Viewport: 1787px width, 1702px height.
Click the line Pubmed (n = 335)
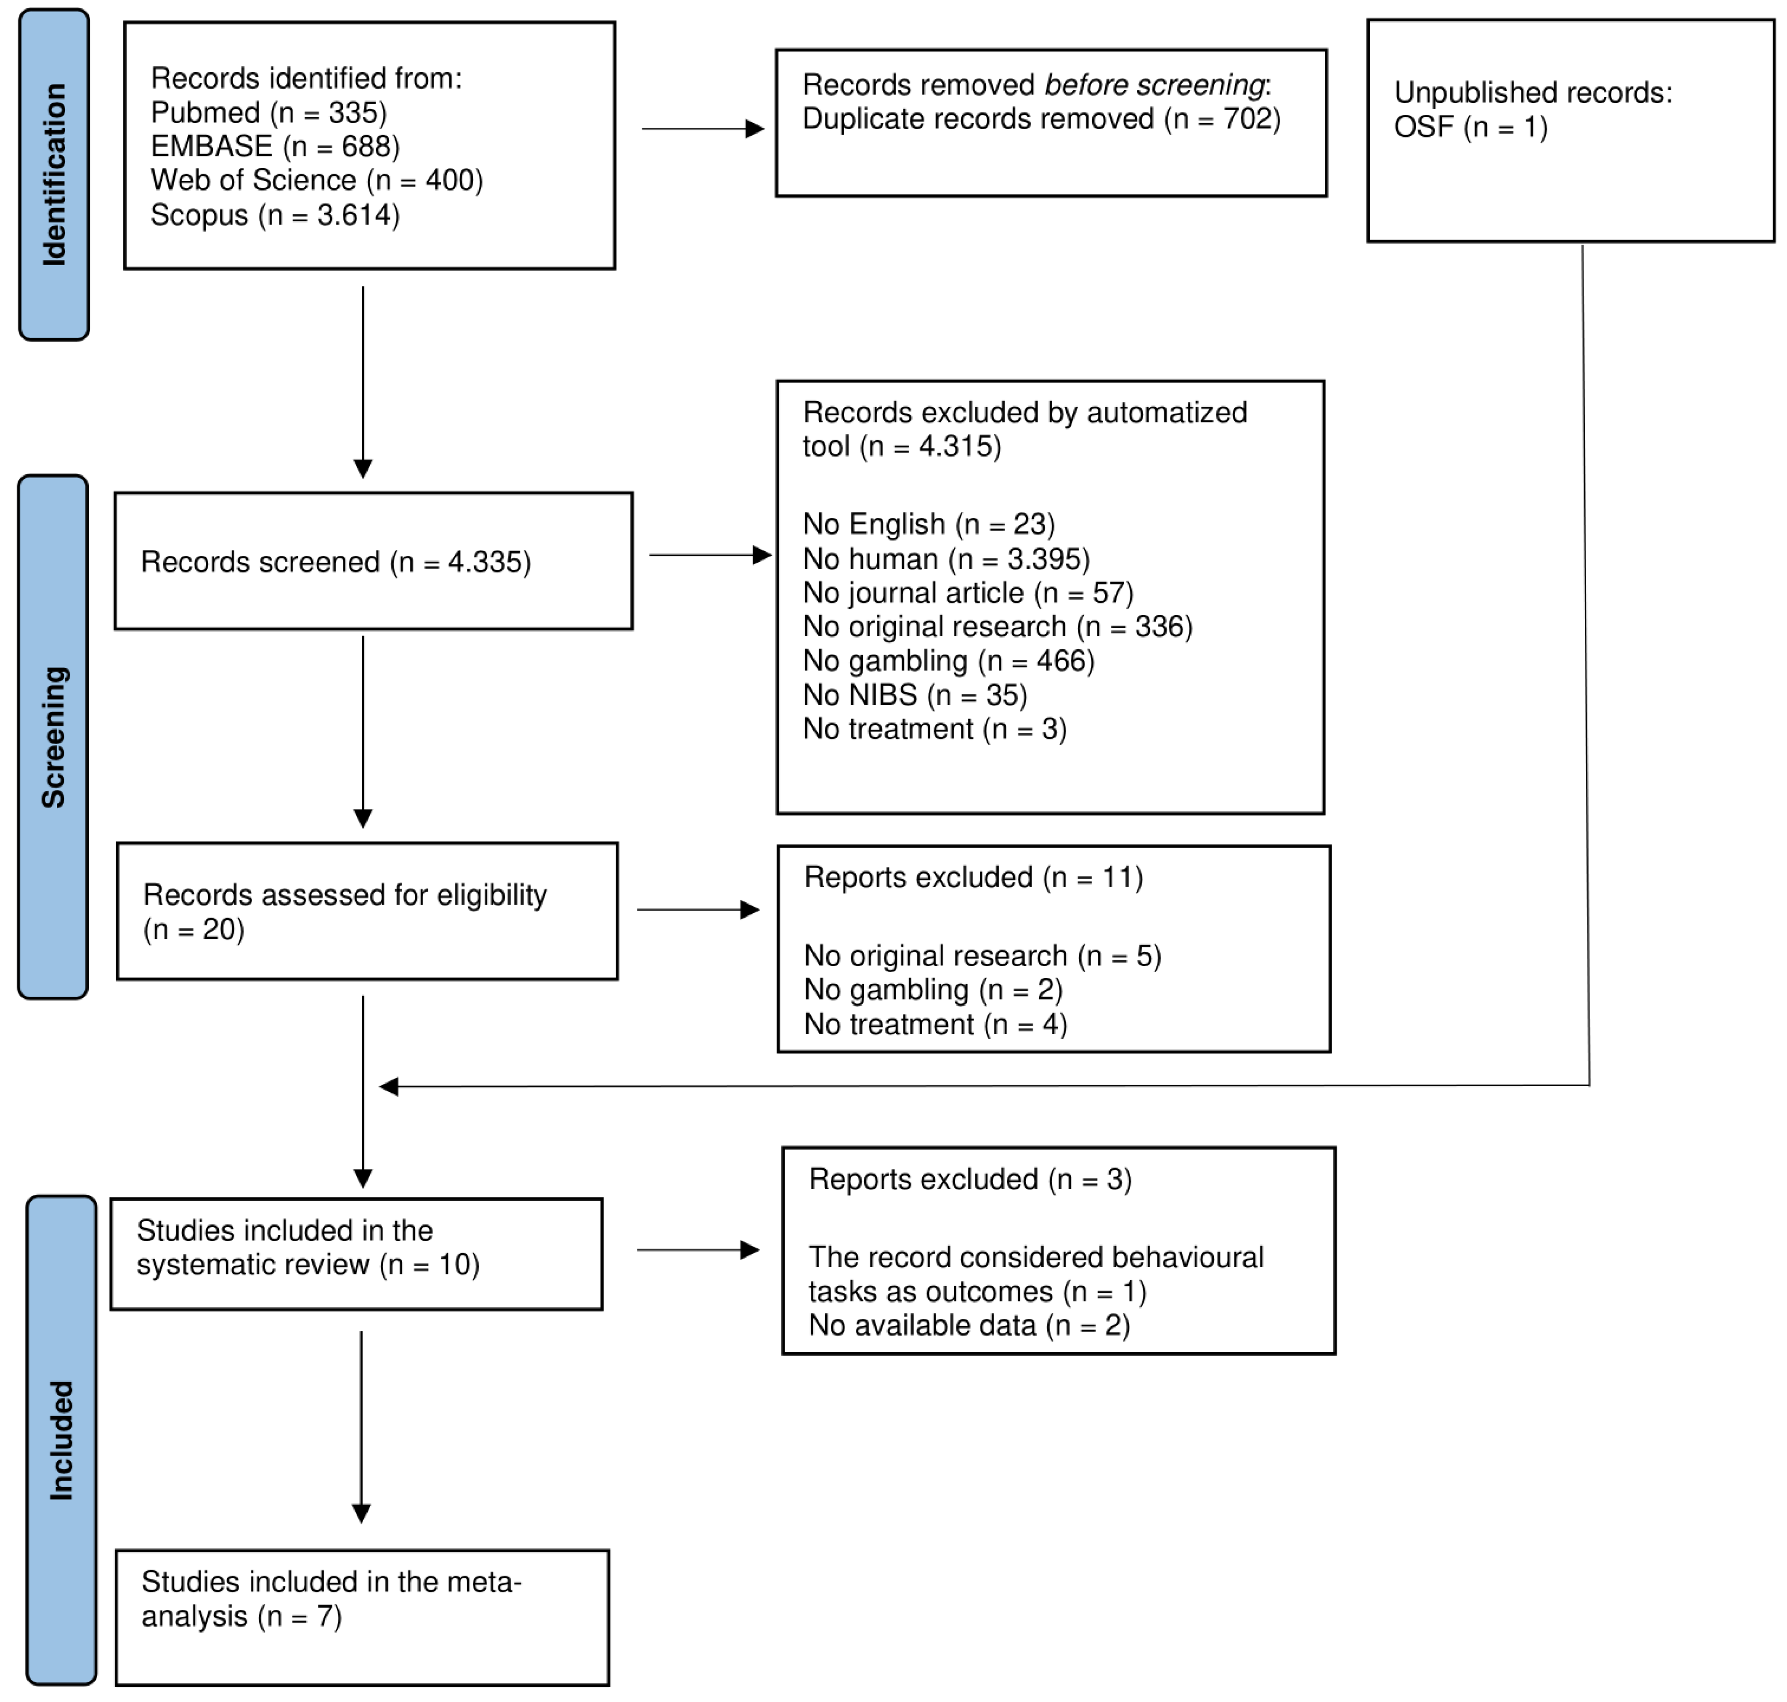point(268,112)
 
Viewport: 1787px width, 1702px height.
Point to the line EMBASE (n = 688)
point(275,146)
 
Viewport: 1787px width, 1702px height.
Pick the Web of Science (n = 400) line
point(316,180)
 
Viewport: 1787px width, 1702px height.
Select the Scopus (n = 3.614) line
point(275,215)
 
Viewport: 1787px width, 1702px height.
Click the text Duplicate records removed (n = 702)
point(1041,119)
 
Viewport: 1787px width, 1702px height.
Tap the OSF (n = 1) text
point(1471,127)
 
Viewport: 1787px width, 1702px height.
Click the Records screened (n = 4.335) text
point(336,563)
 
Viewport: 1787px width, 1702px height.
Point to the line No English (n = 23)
point(929,524)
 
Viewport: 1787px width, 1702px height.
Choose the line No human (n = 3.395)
point(946,559)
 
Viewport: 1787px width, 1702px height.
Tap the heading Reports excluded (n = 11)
point(973,877)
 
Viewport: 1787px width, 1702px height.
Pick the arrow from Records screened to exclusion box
point(710,555)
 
